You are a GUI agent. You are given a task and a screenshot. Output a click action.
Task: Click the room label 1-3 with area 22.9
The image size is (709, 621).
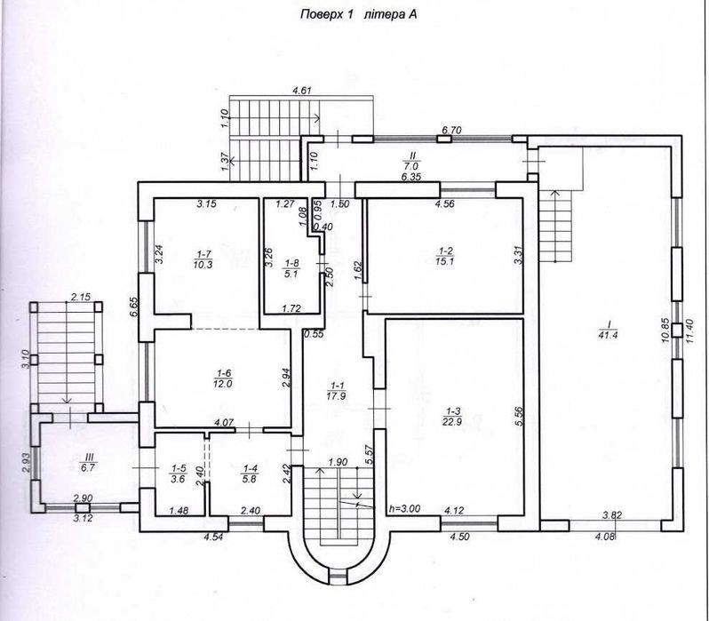[453, 416]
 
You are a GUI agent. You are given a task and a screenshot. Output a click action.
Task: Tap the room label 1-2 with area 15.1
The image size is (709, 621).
[444, 256]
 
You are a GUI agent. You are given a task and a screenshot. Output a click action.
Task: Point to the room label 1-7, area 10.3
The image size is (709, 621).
[203, 260]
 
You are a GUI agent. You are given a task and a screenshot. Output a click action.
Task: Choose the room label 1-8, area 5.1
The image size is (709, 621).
[291, 267]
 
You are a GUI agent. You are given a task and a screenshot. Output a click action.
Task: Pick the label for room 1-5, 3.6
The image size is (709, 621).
[179, 474]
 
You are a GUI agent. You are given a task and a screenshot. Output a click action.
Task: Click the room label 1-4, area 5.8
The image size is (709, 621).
[249, 474]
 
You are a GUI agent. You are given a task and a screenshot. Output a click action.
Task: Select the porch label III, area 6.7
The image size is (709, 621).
[88, 462]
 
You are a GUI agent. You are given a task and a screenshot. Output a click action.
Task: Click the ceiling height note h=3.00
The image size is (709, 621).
[404, 508]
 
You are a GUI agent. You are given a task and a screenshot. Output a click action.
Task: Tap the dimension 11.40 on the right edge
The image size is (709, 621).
[689, 331]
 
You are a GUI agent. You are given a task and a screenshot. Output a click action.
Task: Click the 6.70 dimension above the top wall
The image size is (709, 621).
[451, 130]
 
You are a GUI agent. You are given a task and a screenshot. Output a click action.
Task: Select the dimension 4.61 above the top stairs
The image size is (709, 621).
[301, 91]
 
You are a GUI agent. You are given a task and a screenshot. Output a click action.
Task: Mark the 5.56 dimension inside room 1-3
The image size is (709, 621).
[518, 417]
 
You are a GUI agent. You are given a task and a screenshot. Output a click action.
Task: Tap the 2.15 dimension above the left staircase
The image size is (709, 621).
[81, 297]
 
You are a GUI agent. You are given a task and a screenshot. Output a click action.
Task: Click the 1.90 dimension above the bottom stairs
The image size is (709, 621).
[338, 462]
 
